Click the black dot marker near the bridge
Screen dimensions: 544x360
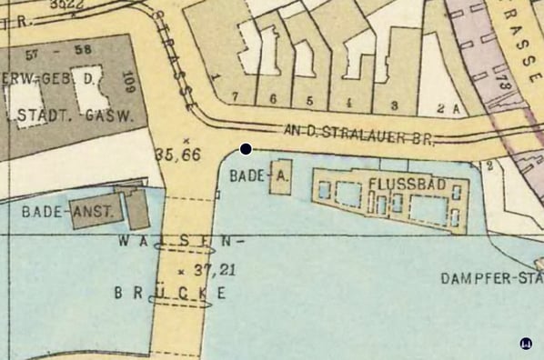point(246,148)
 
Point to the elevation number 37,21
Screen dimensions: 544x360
point(202,268)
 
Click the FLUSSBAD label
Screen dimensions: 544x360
point(407,184)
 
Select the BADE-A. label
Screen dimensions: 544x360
point(247,175)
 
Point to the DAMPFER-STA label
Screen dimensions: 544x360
point(491,277)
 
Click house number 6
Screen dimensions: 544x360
point(272,98)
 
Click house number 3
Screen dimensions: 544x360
point(394,105)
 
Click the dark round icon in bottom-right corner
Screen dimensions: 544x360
point(525,343)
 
